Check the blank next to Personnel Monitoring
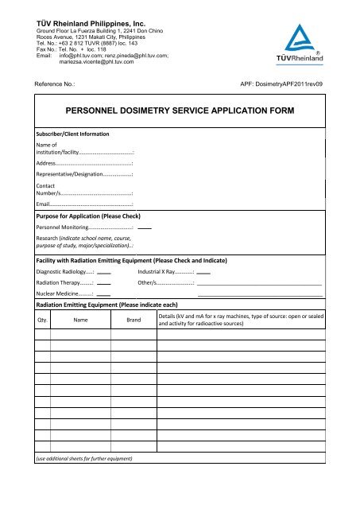145,228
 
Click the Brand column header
134,320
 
